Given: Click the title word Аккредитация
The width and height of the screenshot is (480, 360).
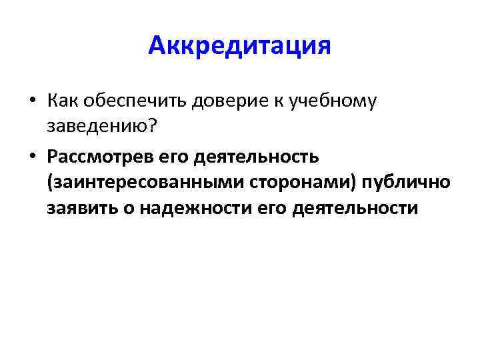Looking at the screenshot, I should click(x=240, y=46).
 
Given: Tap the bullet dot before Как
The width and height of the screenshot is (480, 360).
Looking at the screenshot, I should click(x=32, y=102).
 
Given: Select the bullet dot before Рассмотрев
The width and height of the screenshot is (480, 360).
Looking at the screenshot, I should click(x=32, y=156).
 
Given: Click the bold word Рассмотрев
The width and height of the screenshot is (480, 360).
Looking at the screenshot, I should click(x=99, y=155).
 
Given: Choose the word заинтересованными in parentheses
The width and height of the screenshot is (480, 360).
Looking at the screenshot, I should click(x=133, y=182).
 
